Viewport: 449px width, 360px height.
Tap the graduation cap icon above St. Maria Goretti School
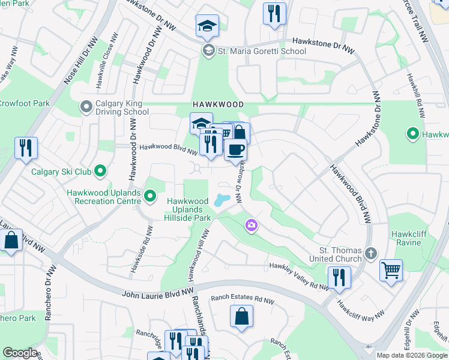(206, 26)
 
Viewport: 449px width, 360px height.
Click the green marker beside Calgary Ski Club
(100, 172)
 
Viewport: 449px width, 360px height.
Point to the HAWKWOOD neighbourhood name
(218, 104)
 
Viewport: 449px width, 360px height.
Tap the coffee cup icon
(235, 149)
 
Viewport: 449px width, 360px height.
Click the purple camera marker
(251, 226)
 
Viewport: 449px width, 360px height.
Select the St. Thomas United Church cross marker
(371, 254)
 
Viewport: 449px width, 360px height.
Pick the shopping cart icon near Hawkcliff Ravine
(391, 271)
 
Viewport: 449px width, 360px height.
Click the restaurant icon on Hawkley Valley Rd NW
(339, 277)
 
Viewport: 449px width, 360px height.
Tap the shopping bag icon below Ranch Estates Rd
(241, 317)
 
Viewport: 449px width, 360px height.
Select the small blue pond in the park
(221, 199)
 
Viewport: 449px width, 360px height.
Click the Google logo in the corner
(20, 352)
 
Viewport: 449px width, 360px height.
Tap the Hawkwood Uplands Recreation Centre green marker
(150, 196)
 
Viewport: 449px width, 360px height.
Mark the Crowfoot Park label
(24, 103)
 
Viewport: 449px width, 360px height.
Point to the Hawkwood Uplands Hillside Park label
(188, 209)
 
